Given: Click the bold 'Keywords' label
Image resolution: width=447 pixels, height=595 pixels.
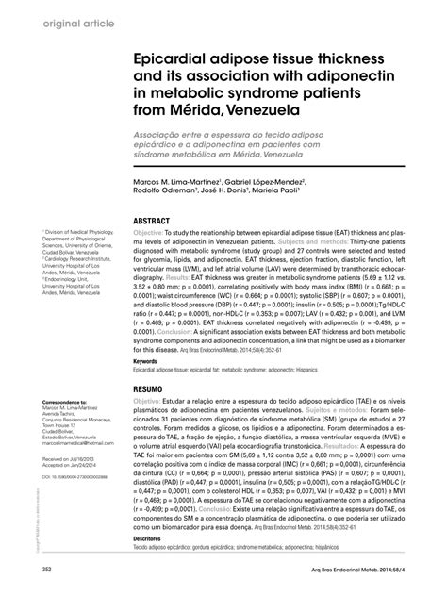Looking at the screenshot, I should tap(145, 361).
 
